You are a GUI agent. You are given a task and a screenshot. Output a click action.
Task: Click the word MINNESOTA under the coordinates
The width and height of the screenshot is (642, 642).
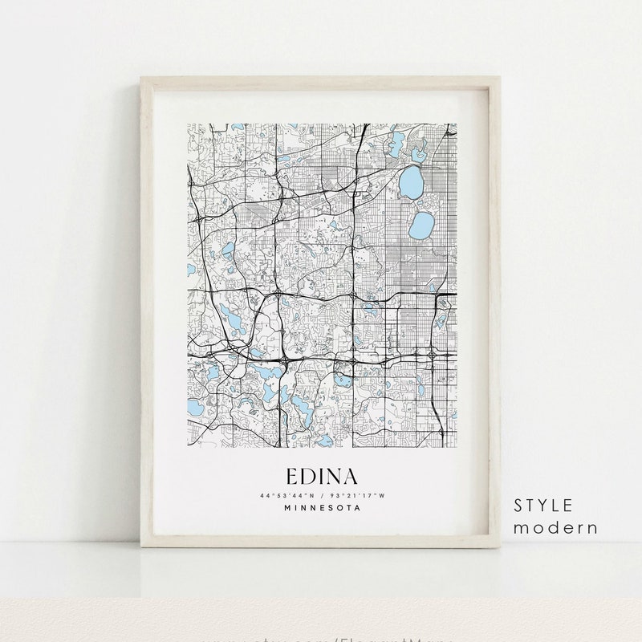coord(321,507)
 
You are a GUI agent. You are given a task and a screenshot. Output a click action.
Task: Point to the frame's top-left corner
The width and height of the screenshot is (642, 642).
coord(141,77)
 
